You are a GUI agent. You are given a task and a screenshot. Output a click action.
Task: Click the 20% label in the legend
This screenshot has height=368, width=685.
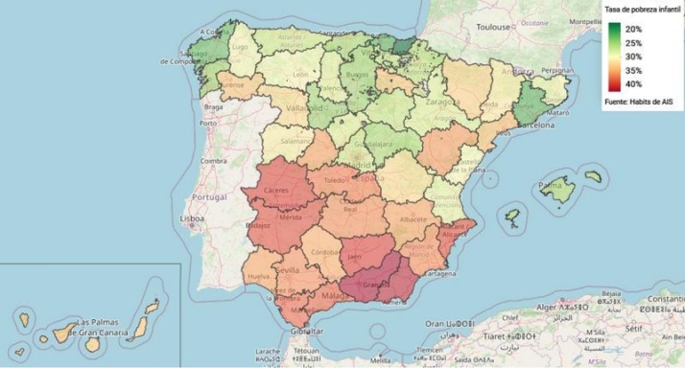pyautogui.click(x=634, y=30)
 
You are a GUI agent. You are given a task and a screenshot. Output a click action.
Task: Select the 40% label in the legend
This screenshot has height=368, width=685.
pyautogui.click(x=634, y=84)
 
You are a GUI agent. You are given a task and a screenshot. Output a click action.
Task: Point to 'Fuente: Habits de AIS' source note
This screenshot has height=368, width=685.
pyautogui.click(x=640, y=101)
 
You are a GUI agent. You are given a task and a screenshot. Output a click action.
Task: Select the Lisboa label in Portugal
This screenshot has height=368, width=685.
pyautogui.click(x=193, y=218)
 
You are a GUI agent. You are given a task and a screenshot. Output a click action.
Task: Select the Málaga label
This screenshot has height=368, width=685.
pyautogui.click(x=335, y=297)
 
